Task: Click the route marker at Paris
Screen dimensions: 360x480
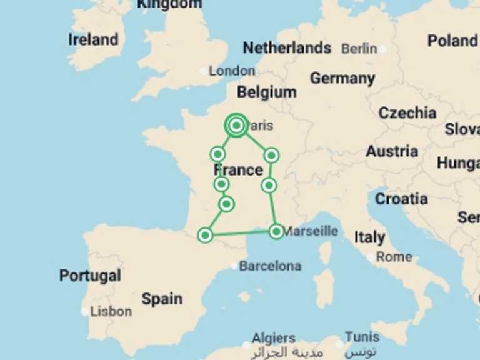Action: [x=236, y=126]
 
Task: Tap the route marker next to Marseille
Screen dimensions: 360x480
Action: [x=276, y=231]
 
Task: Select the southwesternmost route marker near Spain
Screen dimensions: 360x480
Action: [x=205, y=235]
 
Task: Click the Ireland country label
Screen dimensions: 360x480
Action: [x=93, y=39]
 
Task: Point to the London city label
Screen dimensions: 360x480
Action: [x=231, y=71]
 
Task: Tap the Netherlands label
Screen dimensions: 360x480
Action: [x=287, y=47]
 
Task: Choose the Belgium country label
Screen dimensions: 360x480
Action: [x=267, y=92]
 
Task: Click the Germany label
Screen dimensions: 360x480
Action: [x=342, y=78]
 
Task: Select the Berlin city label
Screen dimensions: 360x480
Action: [x=359, y=48]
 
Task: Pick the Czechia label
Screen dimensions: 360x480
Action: [x=407, y=113]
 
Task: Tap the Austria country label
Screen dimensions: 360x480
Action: [x=392, y=151]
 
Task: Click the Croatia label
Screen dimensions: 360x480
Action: [x=401, y=199]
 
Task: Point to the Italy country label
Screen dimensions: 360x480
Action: [x=369, y=237]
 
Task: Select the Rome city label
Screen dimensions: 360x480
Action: [x=394, y=257]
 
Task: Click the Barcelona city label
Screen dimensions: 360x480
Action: [x=270, y=266]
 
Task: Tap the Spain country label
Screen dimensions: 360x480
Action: [x=162, y=299]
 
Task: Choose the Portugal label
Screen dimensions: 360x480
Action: [x=90, y=276]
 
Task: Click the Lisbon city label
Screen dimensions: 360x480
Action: [x=111, y=311]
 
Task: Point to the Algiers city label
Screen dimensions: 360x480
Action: [x=274, y=338]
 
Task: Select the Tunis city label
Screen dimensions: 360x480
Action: [x=362, y=337]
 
